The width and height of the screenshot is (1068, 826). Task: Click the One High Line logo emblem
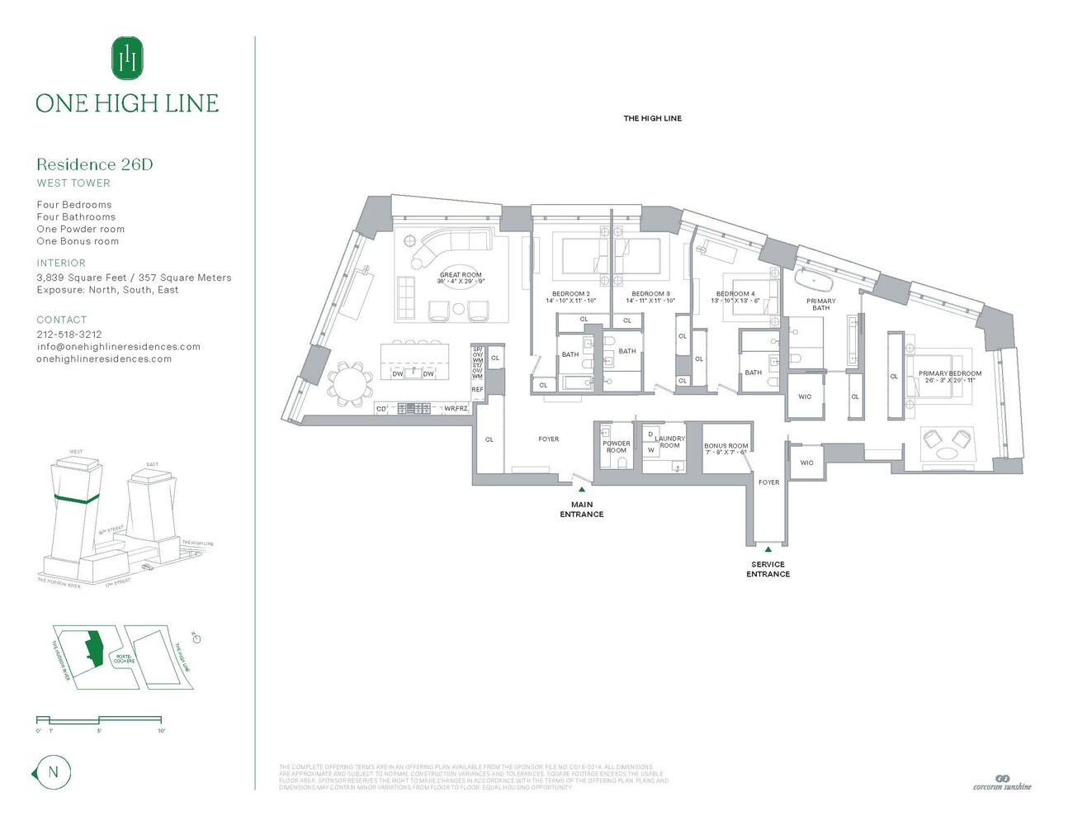[127, 58]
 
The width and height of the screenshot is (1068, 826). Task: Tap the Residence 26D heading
[95, 164]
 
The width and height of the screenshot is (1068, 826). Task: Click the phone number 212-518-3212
[69, 335]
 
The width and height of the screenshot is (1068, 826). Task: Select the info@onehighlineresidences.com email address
[118, 347]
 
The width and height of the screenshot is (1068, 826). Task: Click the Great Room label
[461, 275]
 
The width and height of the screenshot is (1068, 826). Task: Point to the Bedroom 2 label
[570, 294]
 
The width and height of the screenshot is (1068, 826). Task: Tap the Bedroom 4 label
[735, 294]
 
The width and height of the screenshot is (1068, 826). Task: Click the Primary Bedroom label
[950, 373]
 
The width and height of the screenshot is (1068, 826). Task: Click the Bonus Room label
[726, 446]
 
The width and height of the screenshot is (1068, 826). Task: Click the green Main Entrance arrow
[582, 490]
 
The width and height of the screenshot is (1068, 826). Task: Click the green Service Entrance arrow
[768, 549]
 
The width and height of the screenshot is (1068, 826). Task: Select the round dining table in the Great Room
[351, 384]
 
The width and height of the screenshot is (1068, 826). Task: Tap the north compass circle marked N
[54, 773]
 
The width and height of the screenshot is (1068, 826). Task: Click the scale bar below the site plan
[99, 721]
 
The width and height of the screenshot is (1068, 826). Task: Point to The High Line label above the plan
[652, 119]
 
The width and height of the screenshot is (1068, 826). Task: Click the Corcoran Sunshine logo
[1002, 782]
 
